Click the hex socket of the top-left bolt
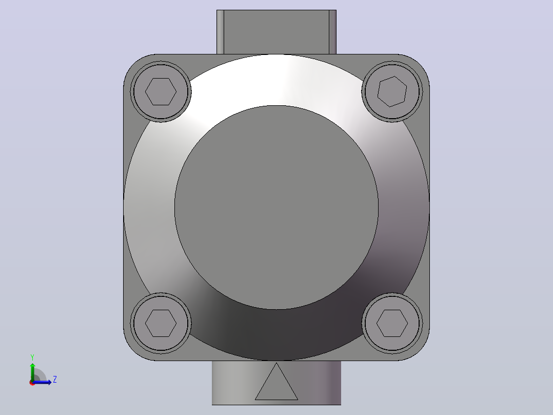161,92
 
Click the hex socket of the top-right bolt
392,91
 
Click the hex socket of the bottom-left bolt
161,323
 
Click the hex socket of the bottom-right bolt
392,323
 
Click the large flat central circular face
276,207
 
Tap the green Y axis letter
32,357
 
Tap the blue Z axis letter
55,380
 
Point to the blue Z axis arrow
42,382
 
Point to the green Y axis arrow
32,372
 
